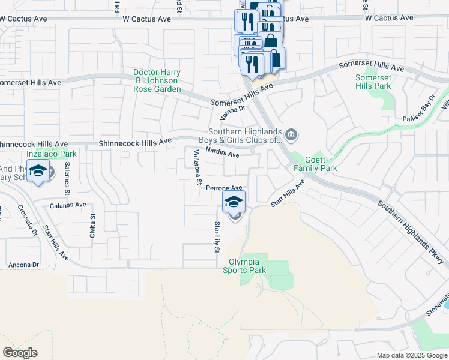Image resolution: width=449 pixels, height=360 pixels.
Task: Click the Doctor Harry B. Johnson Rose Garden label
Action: tap(157, 81)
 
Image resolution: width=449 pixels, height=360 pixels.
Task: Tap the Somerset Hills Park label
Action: tap(373, 82)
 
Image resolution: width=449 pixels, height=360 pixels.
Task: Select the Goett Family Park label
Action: tap(311, 164)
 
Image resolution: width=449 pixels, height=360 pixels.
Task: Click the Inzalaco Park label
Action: tap(47, 154)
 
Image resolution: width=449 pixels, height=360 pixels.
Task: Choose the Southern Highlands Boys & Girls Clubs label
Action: tap(244, 136)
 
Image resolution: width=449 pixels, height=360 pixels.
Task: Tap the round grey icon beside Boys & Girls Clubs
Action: tap(291, 134)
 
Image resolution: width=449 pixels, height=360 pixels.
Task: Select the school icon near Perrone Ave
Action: tap(234, 202)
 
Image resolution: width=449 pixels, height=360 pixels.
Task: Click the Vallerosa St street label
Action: tap(196, 167)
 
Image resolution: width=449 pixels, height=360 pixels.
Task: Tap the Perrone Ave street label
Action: tap(223, 188)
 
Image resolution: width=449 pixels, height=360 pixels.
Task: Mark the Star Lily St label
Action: tap(218, 237)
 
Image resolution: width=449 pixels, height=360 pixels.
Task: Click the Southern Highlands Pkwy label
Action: tap(412, 232)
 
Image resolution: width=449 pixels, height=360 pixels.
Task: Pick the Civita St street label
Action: tap(92, 226)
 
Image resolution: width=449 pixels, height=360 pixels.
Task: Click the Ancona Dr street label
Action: tap(24, 265)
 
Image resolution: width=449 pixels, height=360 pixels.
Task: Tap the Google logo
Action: tap(20, 353)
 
